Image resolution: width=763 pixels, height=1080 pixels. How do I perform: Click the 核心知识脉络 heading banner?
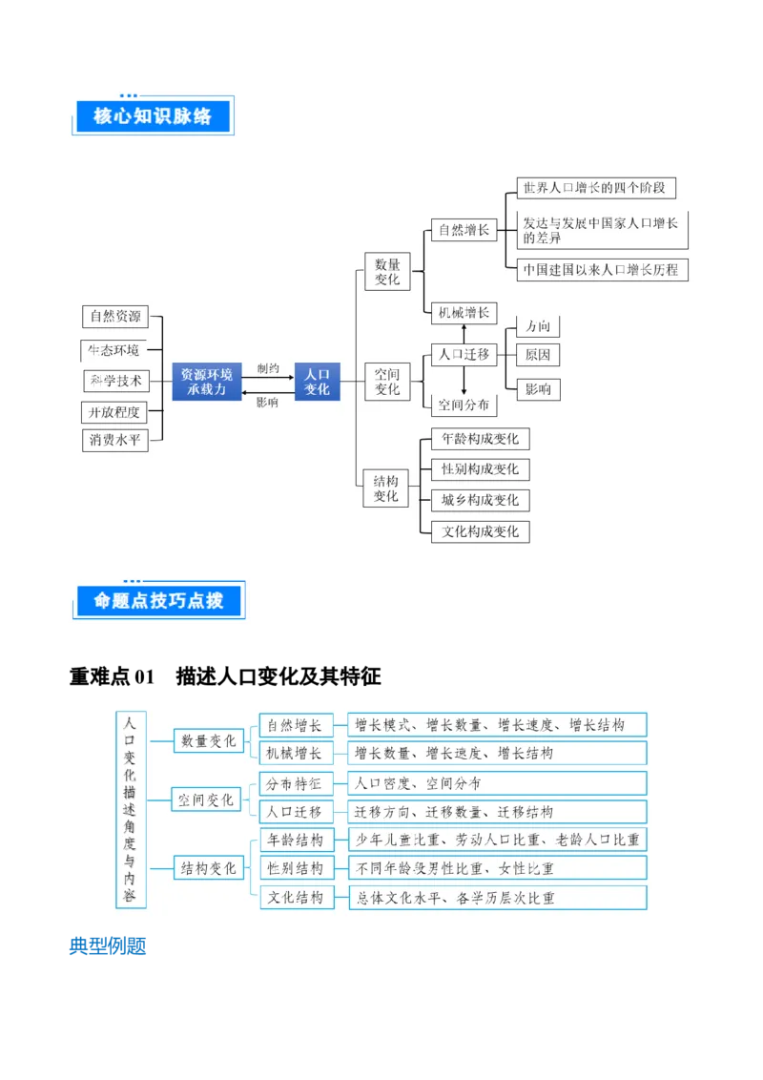152,116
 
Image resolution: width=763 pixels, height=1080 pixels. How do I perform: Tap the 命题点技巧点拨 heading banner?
156,600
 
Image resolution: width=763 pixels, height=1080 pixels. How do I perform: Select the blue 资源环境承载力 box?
207,381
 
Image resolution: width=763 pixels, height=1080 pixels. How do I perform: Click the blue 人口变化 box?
317,381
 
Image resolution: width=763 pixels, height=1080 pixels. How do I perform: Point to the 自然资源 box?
115,316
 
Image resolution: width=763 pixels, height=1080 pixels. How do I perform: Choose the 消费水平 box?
115,440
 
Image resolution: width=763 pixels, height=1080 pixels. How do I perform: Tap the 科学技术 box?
115,381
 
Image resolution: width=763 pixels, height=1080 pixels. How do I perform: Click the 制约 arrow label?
268,368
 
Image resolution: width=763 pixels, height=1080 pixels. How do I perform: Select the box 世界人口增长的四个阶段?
594,187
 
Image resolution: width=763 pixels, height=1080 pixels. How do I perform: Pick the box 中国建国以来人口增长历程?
601,269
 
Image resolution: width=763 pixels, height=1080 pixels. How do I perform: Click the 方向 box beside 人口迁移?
538,326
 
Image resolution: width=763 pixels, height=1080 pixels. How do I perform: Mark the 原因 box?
538,355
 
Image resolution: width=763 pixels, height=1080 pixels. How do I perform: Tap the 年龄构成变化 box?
481,439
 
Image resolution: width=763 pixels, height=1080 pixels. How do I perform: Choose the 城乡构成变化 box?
481,500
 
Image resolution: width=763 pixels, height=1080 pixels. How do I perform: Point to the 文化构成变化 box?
481,531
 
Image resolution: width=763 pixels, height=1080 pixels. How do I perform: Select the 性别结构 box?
296,868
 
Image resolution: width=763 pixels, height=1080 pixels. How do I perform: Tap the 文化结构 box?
296,897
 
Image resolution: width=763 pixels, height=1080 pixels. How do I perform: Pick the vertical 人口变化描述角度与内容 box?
130,810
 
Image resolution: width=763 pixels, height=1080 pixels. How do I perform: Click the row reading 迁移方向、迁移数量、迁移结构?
497,812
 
